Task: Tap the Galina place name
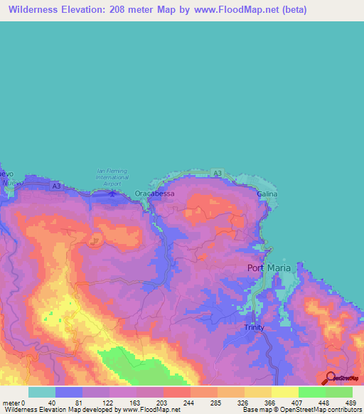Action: tap(267, 193)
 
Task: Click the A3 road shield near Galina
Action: tap(218, 173)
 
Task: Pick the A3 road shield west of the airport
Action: tap(56, 186)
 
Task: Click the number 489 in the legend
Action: tap(350, 402)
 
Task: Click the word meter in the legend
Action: tap(11, 402)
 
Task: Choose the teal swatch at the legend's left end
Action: tap(41, 392)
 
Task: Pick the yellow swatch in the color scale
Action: tap(284, 392)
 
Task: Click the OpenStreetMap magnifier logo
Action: tap(331, 378)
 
